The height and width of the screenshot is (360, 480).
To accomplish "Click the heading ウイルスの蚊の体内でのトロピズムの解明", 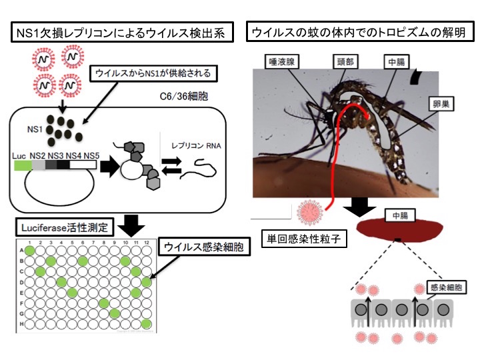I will [x=359, y=31].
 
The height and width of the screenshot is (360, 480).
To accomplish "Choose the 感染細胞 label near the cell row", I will [x=445, y=287].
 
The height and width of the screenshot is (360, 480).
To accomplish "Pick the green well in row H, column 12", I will [x=145, y=324].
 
